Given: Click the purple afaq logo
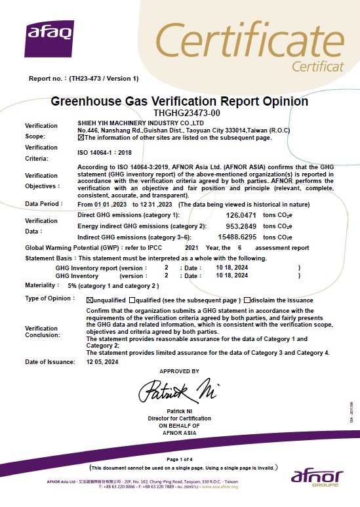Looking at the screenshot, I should (49, 37).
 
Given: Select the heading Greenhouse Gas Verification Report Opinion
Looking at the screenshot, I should (179, 102).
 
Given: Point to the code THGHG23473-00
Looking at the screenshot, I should (179, 113).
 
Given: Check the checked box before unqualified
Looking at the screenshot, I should (90, 299).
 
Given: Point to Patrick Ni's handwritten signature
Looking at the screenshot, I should (178, 392).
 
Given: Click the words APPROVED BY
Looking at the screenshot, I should (178, 371).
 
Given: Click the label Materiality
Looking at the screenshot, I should (40, 286).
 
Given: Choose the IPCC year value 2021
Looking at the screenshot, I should (191, 248).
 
